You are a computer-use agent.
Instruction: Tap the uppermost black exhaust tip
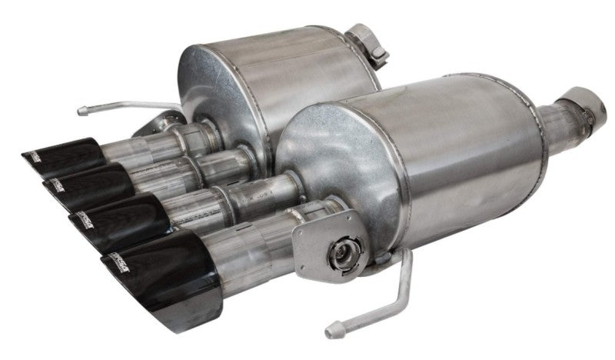tap(58, 157)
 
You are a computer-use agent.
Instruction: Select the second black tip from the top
tap(81, 183)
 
